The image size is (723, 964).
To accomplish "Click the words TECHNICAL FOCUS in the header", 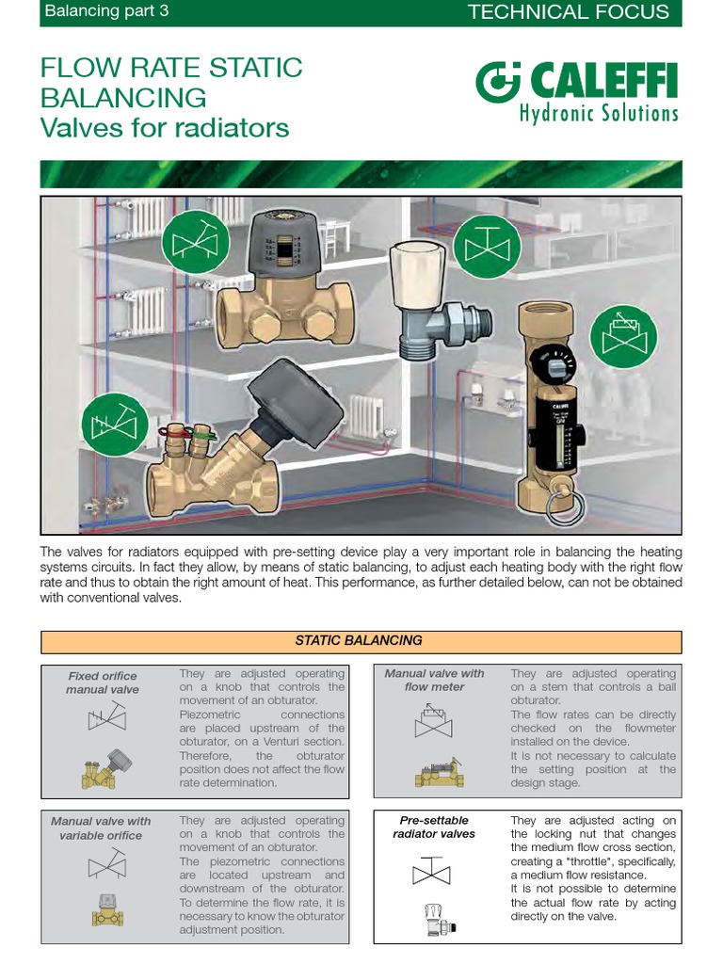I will pos(568,12).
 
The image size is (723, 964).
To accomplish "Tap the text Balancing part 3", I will pos(107,12).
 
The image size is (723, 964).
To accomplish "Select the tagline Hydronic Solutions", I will pos(599,114).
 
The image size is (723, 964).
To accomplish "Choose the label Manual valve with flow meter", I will pos(434,680).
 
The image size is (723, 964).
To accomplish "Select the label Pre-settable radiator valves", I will pos(434,827).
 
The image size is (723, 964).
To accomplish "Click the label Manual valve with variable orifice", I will pos(101,828).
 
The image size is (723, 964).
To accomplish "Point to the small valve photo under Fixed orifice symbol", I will pos(103,767).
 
